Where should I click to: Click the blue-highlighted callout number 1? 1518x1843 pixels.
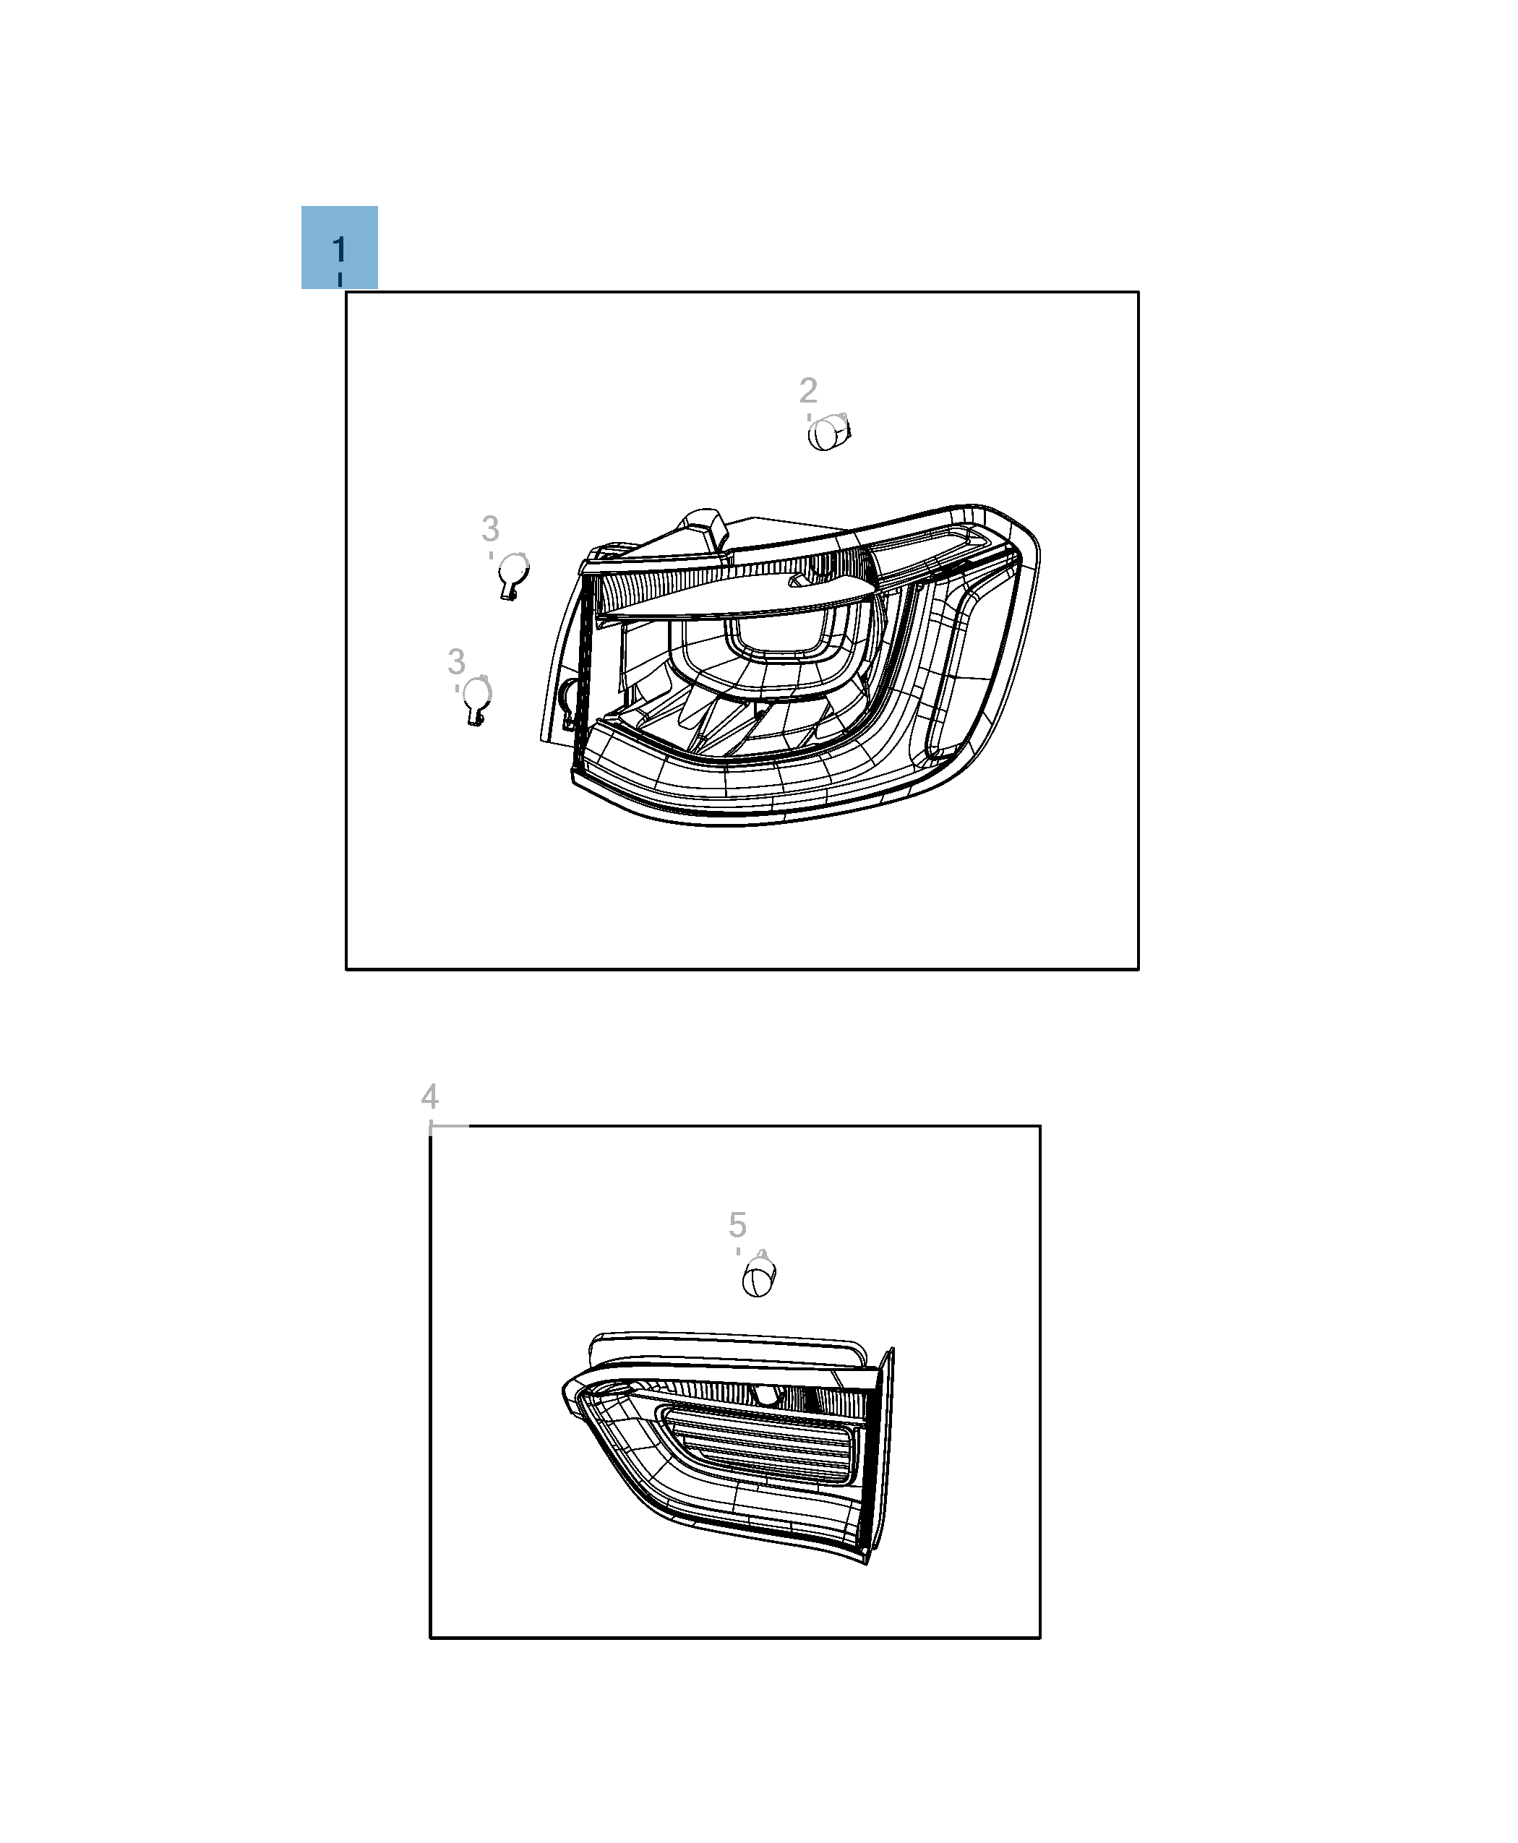coord(339,250)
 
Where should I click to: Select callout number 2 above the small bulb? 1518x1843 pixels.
coord(808,390)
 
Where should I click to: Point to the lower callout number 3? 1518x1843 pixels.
coord(455,662)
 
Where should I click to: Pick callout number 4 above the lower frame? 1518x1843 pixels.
coord(429,1096)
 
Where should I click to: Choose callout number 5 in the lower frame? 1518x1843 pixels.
coord(737,1225)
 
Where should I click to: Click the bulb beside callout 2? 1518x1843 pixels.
coord(828,432)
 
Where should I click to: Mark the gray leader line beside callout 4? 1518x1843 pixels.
coord(450,1126)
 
